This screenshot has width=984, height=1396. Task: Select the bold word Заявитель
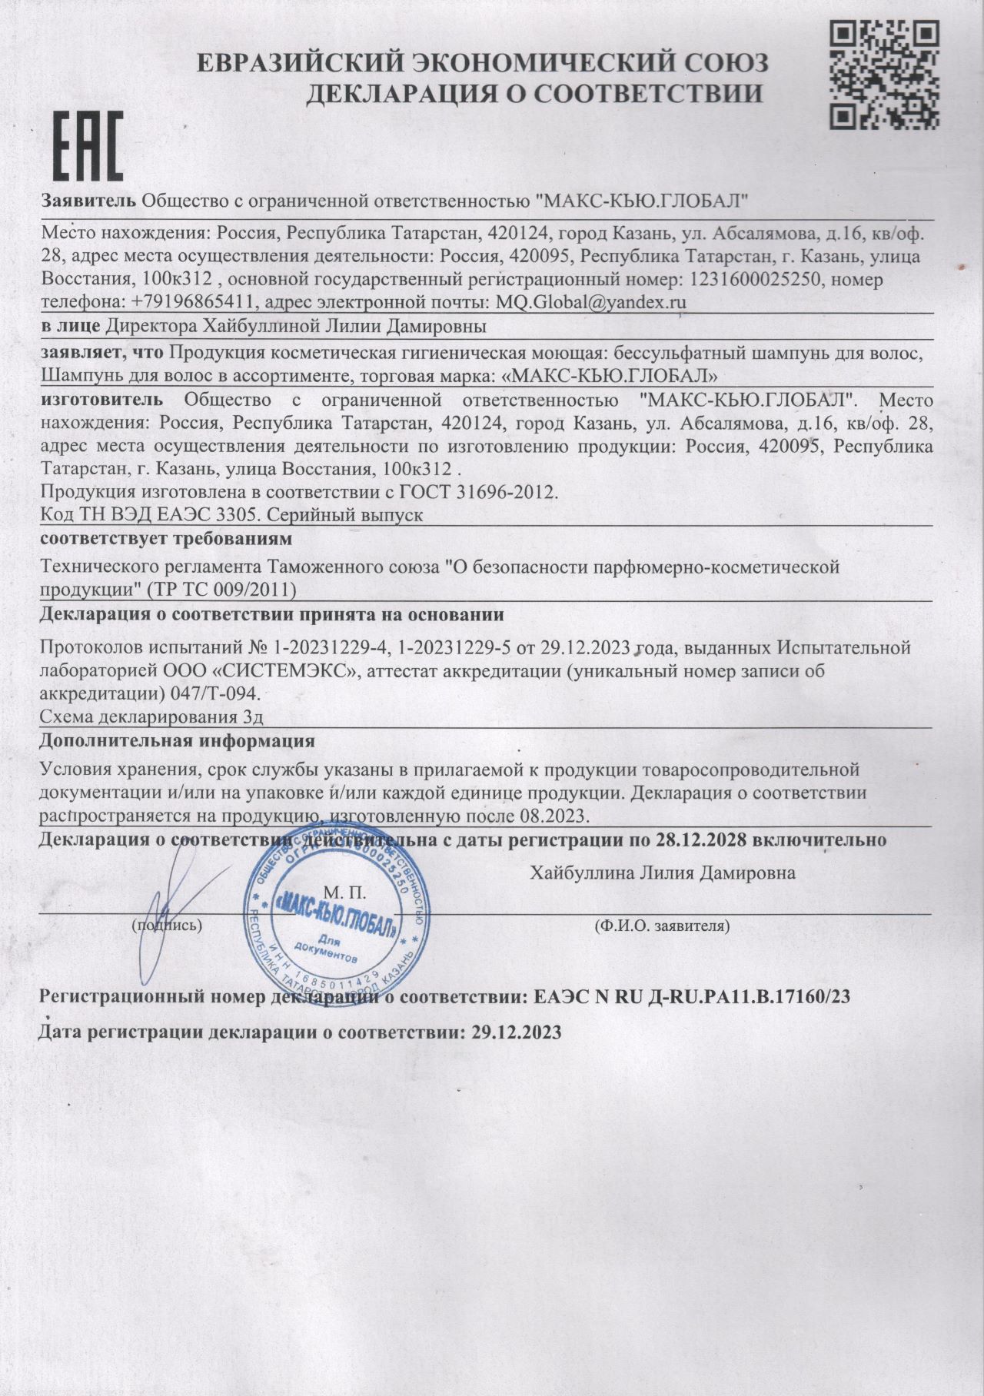pyautogui.click(x=89, y=201)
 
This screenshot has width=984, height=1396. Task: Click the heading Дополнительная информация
pyautogui.click(x=177, y=742)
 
